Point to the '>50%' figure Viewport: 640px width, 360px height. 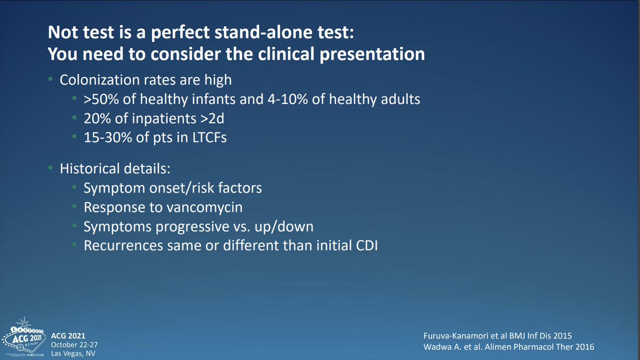101,99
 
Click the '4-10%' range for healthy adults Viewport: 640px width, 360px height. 287,99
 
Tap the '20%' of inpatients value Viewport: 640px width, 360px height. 97,118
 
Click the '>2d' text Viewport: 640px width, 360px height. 212,118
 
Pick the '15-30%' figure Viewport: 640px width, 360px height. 107,138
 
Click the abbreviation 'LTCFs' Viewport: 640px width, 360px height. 210,138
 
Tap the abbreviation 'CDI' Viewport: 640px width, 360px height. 367,245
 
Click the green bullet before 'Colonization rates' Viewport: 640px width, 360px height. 51,79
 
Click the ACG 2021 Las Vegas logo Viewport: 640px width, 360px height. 24,337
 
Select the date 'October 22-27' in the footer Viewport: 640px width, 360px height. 74,345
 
